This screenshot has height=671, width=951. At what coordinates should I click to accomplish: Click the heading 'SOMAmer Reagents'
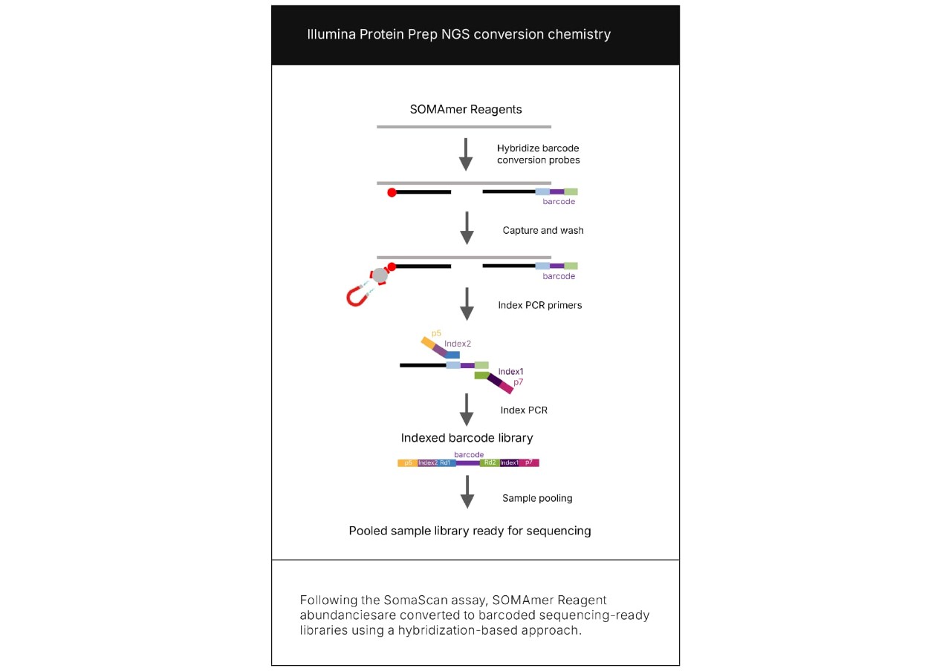click(466, 109)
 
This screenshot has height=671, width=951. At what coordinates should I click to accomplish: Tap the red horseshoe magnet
click(359, 296)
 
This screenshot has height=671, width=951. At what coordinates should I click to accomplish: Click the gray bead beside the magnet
click(380, 275)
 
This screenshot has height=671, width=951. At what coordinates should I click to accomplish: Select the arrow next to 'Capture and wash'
click(467, 228)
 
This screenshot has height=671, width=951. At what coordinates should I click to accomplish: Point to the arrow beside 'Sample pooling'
click(467, 491)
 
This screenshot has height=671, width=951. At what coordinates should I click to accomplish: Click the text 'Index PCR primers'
click(539, 305)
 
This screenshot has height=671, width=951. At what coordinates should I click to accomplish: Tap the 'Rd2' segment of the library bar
click(489, 462)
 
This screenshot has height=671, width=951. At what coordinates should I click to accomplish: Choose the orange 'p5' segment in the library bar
click(408, 462)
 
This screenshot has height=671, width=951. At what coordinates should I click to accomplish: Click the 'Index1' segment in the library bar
click(510, 462)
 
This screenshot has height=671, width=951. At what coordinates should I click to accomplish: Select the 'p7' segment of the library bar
click(529, 462)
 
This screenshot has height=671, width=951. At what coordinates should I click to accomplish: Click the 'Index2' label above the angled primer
click(458, 344)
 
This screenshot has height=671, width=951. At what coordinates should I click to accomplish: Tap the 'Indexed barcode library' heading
click(467, 438)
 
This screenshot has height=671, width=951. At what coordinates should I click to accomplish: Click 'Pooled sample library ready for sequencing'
click(470, 531)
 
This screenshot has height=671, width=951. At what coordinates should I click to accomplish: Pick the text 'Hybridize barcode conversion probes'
click(538, 154)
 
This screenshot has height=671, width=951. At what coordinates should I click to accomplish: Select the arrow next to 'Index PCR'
click(467, 409)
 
